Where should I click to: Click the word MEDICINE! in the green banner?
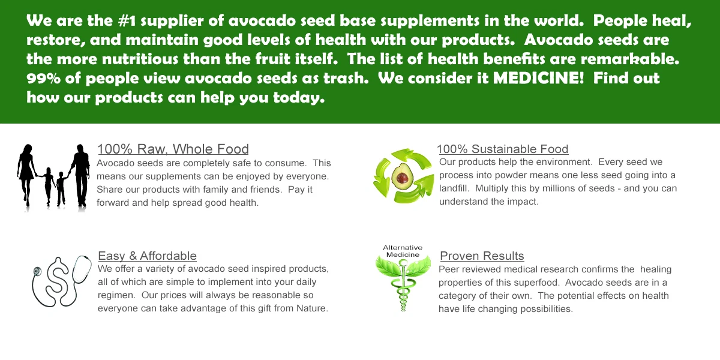coord(538,78)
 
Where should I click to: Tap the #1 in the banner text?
coord(127,20)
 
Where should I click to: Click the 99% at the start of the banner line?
coord(43,78)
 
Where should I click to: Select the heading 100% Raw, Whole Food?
coord(173,149)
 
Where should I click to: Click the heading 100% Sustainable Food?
coord(502,149)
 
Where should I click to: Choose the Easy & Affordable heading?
coord(147,256)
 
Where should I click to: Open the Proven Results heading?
coord(482,256)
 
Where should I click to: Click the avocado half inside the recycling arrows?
coord(402,177)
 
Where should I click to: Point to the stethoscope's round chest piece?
coord(37,272)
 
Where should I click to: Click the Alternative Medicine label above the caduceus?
coord(403,251)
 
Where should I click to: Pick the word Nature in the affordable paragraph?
coord(312,308)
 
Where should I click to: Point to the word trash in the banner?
coord(346,78)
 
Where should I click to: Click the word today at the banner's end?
coord(299,98)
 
